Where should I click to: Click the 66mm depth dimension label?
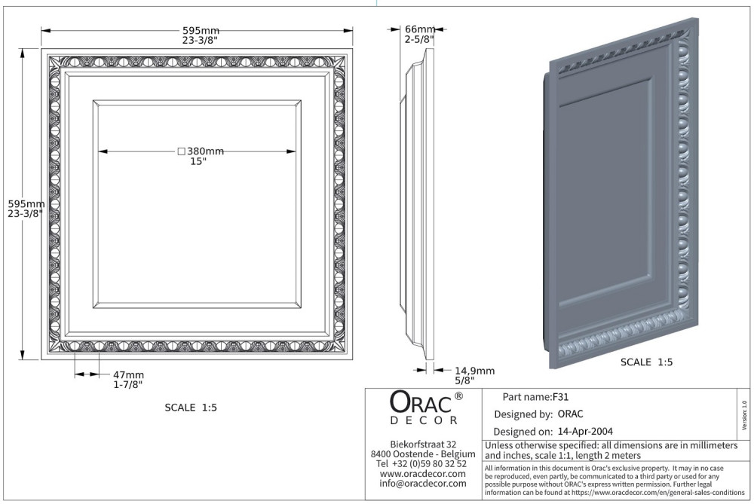pos(420,30)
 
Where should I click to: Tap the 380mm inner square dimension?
pos(205,151)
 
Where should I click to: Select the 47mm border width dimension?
pos(128,374)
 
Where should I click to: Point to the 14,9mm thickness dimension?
pos(474,371)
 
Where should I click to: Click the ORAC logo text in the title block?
pos(421,402)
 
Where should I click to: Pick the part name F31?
pos(561,397)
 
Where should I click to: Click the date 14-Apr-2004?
pos(585,432)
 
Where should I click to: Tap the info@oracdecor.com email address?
pos(423,484)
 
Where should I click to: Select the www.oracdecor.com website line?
pos(423,474)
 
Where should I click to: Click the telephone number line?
pos(421,463)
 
